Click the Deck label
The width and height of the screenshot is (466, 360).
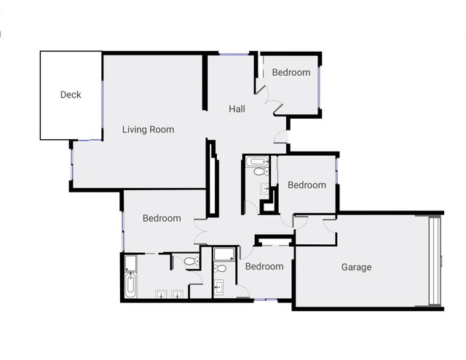[71, 95]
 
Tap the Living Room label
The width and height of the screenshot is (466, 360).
[148, 130]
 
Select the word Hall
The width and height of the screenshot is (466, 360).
[237, 109]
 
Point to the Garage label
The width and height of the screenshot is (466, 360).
[356, 267]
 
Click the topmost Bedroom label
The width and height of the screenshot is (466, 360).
[291, 72]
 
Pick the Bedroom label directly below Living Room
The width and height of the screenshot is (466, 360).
[162, 218]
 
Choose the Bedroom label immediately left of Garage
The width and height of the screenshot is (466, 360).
[264, 266]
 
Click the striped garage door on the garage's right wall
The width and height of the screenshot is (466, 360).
[434, 261]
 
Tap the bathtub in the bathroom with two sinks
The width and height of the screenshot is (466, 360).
[130, 286]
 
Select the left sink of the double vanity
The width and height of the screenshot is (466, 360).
[162, 294]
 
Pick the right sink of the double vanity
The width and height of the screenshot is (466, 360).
[177, 294]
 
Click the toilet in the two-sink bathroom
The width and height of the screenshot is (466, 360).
[191, 262]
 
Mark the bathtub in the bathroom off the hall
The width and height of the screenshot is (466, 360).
[258, 162]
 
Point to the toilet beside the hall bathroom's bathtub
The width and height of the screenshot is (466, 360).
[261, 172]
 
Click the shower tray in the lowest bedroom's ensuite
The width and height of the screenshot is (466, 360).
[224, 254]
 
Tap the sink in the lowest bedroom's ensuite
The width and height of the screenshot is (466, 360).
[218, 287]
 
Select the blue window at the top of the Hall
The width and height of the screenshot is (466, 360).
[234, 54]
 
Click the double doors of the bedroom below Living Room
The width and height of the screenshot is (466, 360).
[200, 232]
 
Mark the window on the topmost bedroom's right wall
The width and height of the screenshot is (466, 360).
[319, 87]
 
